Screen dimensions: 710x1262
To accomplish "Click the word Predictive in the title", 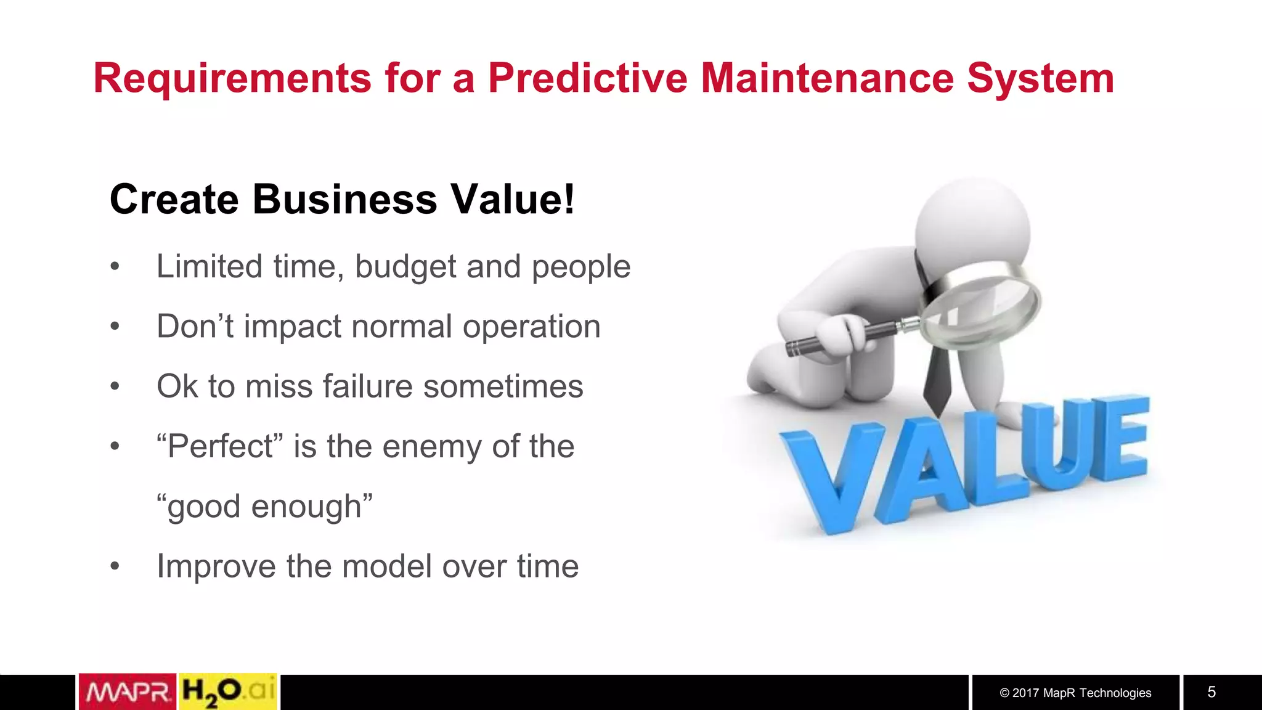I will point(587,78).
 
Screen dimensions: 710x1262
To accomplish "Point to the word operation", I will point(531,327).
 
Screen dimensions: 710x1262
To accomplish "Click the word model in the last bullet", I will point(386,566).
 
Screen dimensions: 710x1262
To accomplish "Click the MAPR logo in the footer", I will point(128,692).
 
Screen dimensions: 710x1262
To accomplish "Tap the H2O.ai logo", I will point(227,692).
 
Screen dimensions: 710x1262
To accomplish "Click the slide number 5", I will point(1211,692).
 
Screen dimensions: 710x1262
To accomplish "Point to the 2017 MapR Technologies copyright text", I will point(1075,693).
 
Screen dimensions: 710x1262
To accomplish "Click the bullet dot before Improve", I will point(115,566).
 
